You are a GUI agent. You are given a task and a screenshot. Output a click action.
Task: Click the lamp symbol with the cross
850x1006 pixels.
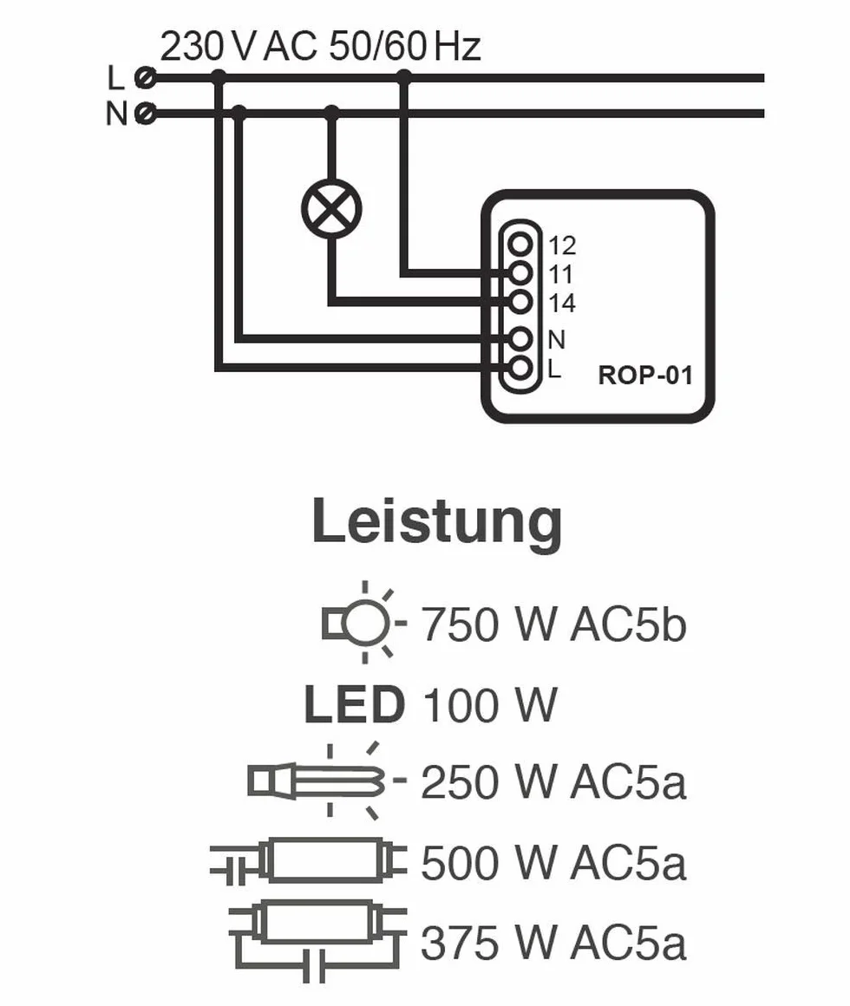click(331, 208)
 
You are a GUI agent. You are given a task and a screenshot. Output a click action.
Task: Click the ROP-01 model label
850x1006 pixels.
click(645, 376)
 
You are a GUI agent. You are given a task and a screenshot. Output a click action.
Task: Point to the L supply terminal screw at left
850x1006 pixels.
click(146, 78)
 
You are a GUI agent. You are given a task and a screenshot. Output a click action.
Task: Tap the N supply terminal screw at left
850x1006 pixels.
click(146, 114)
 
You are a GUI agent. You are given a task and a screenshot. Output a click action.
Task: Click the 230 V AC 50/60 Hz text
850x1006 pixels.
click(320, 47)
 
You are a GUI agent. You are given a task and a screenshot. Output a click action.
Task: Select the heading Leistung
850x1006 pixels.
click(437, 521)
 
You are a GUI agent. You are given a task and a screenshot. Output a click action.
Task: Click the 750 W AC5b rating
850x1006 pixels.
click(553, 624)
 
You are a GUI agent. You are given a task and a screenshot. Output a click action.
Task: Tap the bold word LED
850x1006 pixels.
click(355, 704)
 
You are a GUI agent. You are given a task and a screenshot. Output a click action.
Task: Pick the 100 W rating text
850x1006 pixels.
click(490, 704)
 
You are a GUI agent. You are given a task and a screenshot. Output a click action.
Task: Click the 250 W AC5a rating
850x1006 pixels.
click(553, 782)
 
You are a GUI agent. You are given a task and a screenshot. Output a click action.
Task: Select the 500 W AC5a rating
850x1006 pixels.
click(553, 862)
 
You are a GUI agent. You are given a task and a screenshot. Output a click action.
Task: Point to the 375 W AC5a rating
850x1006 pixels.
click(553, 943)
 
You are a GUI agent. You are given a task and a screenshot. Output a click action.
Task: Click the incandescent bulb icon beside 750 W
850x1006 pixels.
click(363, 623)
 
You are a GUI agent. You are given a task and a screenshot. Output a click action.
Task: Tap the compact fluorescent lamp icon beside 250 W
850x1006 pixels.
click(327, 781)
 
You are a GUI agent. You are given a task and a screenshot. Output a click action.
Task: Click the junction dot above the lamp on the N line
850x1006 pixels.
click(331, 114)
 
